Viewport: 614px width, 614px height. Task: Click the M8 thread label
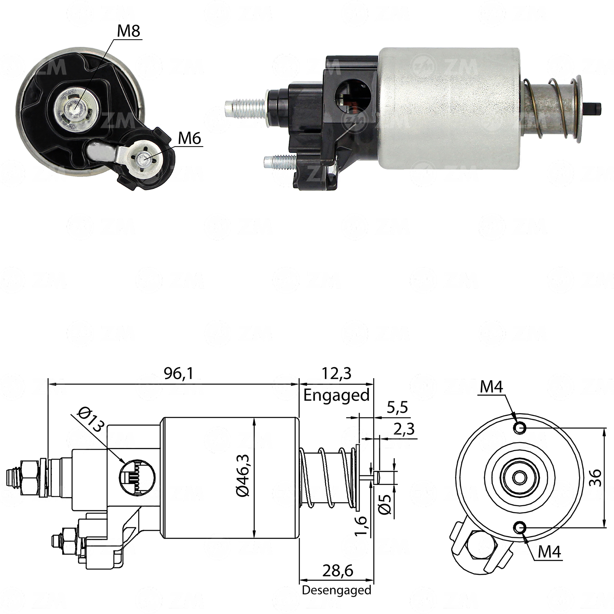coord(129,31)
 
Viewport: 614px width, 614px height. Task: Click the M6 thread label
coord(189,138)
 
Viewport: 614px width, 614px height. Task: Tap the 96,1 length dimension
coord(179,374)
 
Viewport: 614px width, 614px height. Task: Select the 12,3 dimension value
coord(336,374)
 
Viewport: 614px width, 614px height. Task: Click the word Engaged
coord(336,395)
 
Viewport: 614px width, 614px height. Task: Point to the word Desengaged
coord(336,590)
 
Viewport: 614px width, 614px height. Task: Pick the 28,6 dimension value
coord(338,571)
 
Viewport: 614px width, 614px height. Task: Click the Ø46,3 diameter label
coord(242,475)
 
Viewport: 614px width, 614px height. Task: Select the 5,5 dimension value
coord(397,407)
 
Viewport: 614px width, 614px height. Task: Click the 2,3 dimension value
coord(404,429)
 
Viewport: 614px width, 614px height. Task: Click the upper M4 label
coord(491,387)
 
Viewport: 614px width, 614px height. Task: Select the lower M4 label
coord(549,551)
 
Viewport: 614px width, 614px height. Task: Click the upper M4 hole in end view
coord(519,427)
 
